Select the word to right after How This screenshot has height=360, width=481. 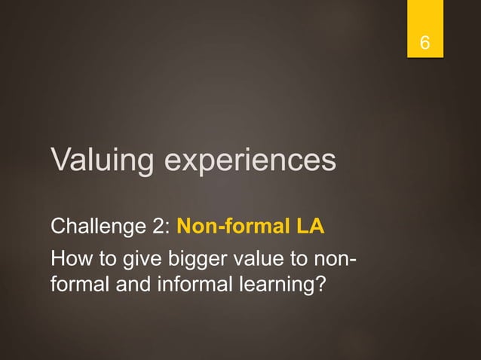point(104,263)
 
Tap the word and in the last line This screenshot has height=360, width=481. point(132,288)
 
